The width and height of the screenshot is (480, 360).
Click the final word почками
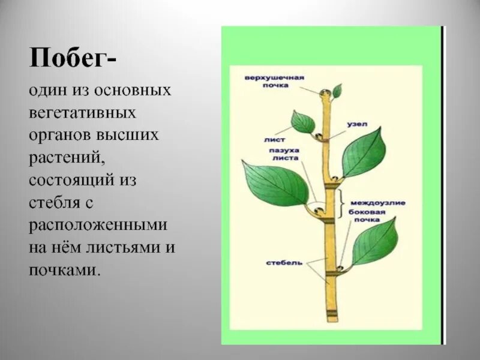(x=63, y=270)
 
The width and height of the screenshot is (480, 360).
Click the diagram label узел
(x=356, y=125)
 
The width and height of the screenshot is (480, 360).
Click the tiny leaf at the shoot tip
(x=338, y=91)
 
